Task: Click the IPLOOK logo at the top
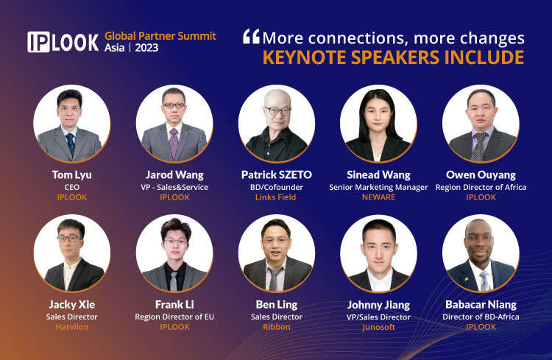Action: (63, 42)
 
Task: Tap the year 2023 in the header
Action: (146, 48)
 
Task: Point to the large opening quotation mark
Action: (252, 36)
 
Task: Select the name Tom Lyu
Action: (72, 175)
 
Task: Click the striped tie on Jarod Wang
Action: (174, 144)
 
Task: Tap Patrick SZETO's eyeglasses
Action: (277, 111)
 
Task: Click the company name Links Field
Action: (276, 197)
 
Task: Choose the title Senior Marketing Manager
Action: (378, 188)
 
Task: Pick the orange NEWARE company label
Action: (378, 197)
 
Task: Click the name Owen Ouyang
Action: (481, 175)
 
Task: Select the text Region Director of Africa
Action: (481, 188)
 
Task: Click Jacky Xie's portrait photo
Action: (72, 253)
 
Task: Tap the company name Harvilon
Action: (72, 327)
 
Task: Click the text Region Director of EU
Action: (174, 317)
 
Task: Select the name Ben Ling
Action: (277, 305)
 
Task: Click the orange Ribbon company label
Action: (277, 327)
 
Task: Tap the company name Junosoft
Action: (378, 328)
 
